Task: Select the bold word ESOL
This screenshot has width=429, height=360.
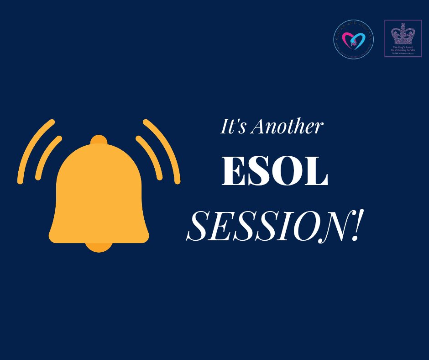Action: (274, 172)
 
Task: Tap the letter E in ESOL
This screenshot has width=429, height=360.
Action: (233, 172)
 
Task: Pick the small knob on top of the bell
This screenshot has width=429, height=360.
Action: (99, 139)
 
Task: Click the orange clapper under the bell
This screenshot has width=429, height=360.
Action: (99, 247)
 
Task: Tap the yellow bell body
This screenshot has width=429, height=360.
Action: (99, 196)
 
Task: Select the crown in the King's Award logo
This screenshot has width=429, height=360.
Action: (402, 34)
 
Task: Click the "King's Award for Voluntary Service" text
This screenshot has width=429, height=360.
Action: (402, 49)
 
